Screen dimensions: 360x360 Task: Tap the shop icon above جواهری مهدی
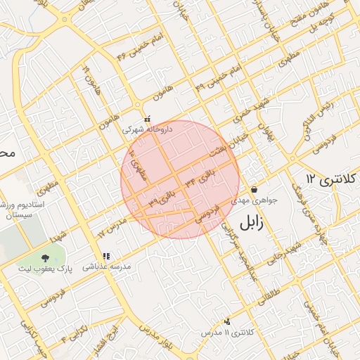[x=253, y=189]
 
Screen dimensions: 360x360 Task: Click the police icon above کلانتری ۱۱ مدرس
[x=226, y=322]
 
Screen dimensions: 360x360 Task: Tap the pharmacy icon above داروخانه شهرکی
[x=146, y=120]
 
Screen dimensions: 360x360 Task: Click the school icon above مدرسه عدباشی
[x=106, y=257]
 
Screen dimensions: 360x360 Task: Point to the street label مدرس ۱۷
[x=111, y=227]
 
